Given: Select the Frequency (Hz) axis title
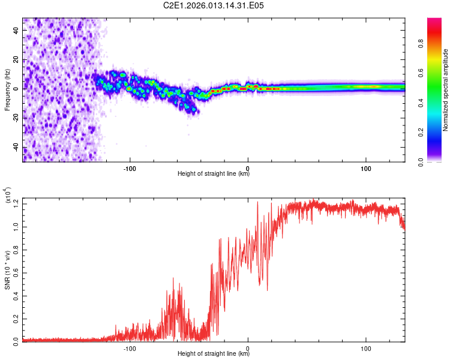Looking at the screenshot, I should point(7,90).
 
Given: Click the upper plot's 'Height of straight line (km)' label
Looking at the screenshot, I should point(214,174).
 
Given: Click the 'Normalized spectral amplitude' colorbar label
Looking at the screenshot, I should point(446,90).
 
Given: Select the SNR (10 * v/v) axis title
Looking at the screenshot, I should point(7,269).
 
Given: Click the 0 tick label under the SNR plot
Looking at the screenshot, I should point(248,347).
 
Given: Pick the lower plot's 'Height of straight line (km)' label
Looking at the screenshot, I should point(214,355).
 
